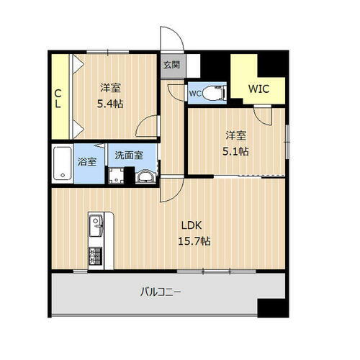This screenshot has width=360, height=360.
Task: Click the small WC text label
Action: point(195,93)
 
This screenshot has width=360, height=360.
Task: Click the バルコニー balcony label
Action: point(160,292)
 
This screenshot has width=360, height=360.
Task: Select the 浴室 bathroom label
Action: point(88,161)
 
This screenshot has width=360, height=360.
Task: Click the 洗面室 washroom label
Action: point(128,155)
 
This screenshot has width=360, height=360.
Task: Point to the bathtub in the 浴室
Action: point(63,166)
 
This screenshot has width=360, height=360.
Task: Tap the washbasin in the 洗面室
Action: point(145,177)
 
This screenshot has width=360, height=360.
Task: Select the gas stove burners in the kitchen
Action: point(94,256)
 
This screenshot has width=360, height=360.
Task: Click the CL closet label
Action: point(58,99)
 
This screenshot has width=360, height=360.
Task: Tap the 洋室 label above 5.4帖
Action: point(110,88)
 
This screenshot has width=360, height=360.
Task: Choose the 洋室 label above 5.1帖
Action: point(235,135)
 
